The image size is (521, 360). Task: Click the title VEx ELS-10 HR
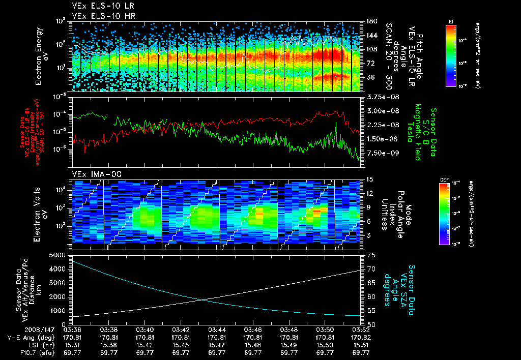pyautogui.click(x=99, y=16)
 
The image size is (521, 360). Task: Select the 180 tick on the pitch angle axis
pyautogui.click(x=370, y=21)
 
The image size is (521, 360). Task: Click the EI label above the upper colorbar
pyautogui.click(x=451, y=21)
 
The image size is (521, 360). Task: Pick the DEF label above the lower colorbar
pyautogui.click(x=443, y=179)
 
